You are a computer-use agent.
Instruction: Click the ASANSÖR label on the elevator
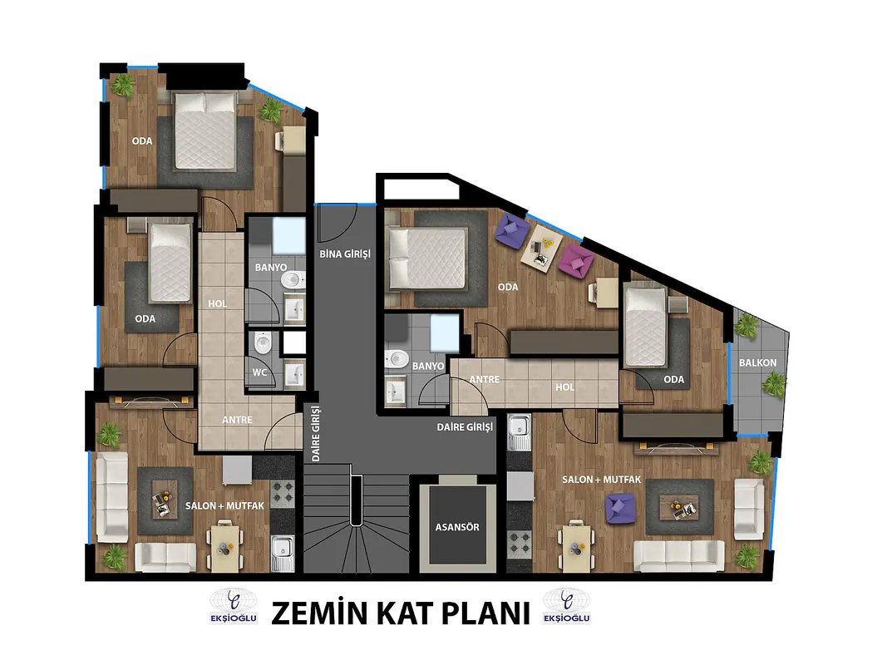(456, 527)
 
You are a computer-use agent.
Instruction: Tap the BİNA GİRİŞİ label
(345, 254)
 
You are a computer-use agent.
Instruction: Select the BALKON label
(757, 363)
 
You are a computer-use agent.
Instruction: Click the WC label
(259, 372)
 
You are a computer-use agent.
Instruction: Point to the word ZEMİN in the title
(319, 613)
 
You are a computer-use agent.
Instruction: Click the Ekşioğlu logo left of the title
(234, 607)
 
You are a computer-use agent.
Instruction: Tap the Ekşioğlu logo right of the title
(566, 607)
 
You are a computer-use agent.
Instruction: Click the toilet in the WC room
(263, 342)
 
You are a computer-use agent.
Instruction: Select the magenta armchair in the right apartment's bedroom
(576, 260)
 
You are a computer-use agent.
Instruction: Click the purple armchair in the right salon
(620, 508)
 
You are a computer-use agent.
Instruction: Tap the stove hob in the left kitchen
(282, 493)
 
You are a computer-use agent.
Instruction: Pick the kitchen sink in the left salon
(282, 552)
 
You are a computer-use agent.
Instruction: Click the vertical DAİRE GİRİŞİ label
(315, 434)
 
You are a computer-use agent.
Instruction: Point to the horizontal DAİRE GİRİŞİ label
(465, 427)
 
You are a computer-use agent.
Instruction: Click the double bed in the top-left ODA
(204, 131)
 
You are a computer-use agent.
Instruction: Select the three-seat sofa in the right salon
(679, 556)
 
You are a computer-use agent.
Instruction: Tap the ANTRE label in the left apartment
(237, 420)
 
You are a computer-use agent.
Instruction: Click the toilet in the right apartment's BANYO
(397, 358)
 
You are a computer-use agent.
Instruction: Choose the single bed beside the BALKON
(646, 327)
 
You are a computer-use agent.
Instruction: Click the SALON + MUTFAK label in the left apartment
(224, 505)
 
